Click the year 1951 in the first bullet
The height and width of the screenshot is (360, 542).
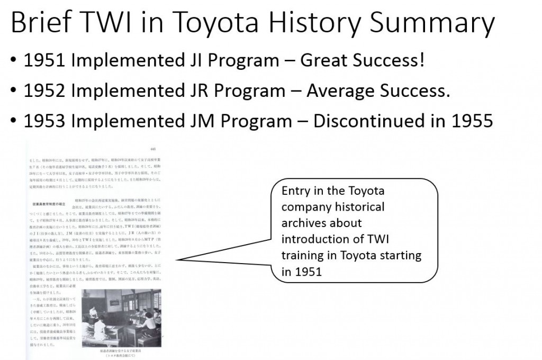[44, 61]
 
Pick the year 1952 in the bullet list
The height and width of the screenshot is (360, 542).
[44, 91]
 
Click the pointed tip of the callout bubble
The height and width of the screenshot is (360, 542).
[178, 260]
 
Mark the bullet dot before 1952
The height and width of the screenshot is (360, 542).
[13, 92]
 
